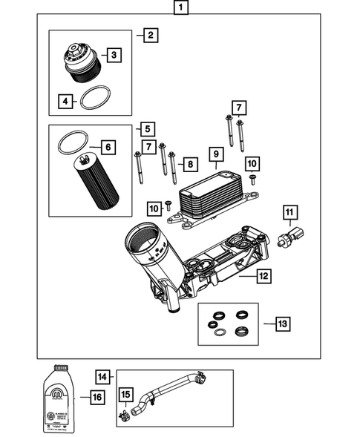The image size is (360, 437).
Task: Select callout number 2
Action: coord(150,35)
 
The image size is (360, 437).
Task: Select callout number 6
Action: coord(108,148)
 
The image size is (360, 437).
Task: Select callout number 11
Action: coord(288,217)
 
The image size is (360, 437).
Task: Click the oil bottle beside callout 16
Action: coord(59,398)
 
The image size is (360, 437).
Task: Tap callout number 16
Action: coord(96,398)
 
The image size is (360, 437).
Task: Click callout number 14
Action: coord(103,377)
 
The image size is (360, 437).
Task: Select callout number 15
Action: coord(125,394)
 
